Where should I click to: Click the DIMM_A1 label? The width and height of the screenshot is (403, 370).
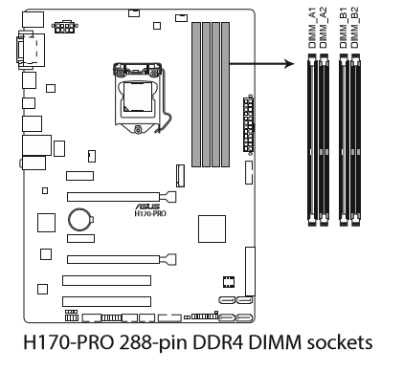[x=312, y=28]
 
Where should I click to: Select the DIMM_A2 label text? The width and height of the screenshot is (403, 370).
[x=324, y=28]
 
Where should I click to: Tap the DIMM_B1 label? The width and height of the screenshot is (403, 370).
[x=344, y=28]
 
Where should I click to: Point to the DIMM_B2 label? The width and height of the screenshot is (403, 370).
[x=354, y=28]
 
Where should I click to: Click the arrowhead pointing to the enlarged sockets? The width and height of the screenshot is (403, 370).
[x=289, y=64]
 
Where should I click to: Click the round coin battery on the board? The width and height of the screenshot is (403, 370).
[x=79, y=219]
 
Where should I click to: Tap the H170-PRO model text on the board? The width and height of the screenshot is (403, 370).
[x=150, y=213]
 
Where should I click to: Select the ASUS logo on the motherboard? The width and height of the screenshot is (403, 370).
[x=148, y=206]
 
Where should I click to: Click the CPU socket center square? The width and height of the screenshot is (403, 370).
[x=138, y=97]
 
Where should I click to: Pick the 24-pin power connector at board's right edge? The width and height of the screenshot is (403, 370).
[x=249, y=124]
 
